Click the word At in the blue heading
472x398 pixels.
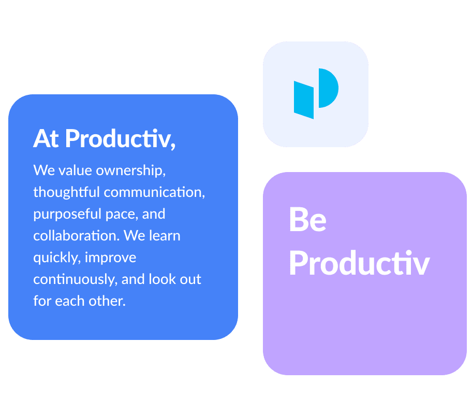click(46, 138)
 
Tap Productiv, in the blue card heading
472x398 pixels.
click(121, 139)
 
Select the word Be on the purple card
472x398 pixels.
click(307, 220)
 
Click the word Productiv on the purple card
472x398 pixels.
click(359, 263)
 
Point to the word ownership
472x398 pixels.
click(130, 171)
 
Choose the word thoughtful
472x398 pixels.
click(66, 192)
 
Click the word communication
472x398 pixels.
click(154, 192)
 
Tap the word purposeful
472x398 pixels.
click(67, 215)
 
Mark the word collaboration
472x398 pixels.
click(77, 235)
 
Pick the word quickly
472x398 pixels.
click(57, 258)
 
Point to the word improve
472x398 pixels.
click(110, 258)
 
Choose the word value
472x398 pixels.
click(75, 170)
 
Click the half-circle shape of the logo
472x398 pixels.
click(329, 88)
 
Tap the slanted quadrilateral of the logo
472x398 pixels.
click(304, 100)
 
